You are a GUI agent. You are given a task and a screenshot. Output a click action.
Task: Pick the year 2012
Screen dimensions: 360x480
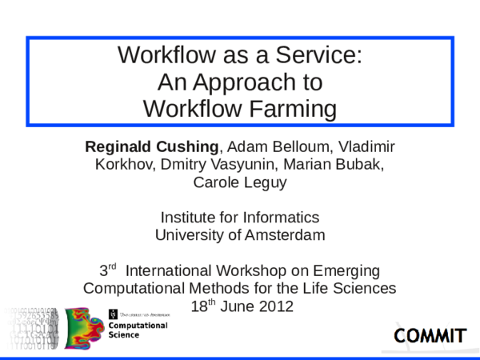point(274,306)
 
